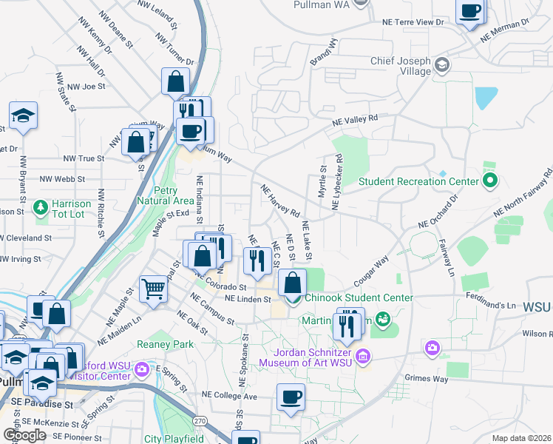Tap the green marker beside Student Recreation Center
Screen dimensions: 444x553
click(489, 180)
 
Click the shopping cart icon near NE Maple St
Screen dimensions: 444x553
click(153, 288)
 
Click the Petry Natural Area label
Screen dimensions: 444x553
click(166, 195)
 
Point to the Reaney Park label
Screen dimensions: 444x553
click(165, 344)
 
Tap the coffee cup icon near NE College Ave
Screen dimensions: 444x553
click(291, 397)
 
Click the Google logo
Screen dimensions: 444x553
click(24, 435)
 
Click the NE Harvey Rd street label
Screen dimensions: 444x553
click(280, 201)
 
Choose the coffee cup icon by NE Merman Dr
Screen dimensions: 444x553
click(470, 11)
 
